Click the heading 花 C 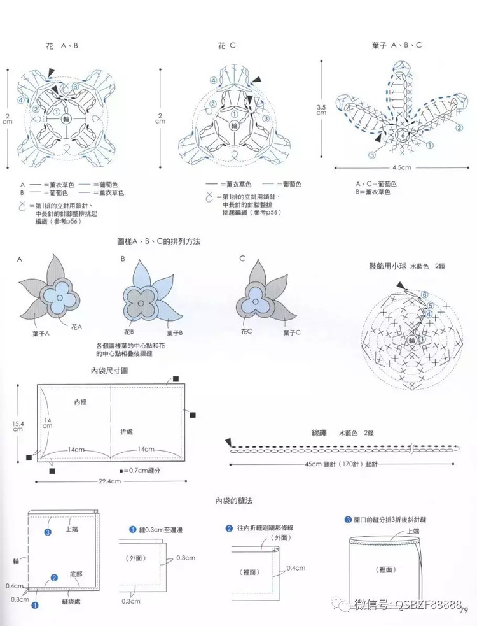point(226,46)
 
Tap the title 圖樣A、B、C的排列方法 point(163,243)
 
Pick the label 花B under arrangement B point(128,332)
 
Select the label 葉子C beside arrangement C point(292,332)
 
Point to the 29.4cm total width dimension point(110,481)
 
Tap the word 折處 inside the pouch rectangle point(127,431)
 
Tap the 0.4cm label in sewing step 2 point(295,567)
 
